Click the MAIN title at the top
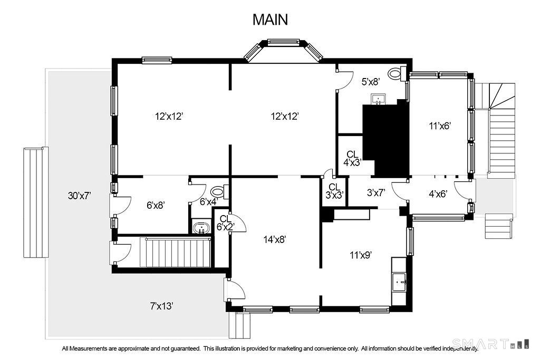(270, 20)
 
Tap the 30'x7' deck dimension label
(79, 196)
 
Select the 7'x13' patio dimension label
(161, 306)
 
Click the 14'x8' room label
(275, 239)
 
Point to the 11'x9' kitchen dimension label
(361, 255)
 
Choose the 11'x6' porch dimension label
(440, 125)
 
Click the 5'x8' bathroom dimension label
(371, 82)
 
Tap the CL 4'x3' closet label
(352, 158)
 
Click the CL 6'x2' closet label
(225, 222)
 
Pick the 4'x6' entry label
(438, 194)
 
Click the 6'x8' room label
(156, 205)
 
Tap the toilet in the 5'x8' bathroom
(397, 73)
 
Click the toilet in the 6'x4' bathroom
(220, 191)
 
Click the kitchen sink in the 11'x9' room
(400, 281)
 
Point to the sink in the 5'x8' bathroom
(379, 99)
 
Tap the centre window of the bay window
(284, 42)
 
